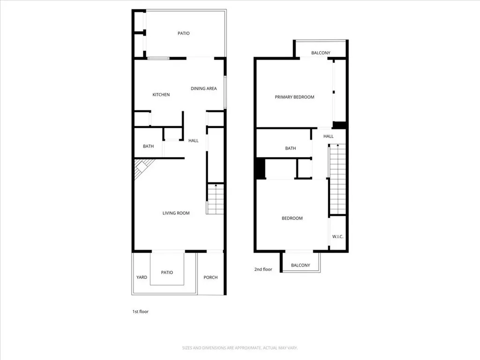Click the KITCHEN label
pyautogui.click(x=161, y=95)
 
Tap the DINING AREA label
pyautogui.click(x=203, y=88)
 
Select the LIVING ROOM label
pyautogui.click(x=176, y=213)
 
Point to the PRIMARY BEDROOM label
pyautogui.click(x=294, y=97)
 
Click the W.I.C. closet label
pyautogui.click(x=337, y=237)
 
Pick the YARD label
pyautogui.click(x=142, y=277)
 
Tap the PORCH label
pyautogui.click(x=210, y=277)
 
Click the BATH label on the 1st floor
pyautogui.click(x=148, y=146)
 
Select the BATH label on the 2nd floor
pyautogui.click(x=291, y=148)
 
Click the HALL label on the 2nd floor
pyautogui.click(x=329, y=136)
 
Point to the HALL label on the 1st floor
pyautogui.click(x=193, y=140)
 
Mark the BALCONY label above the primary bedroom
pyautogui.click(x=321, y=53)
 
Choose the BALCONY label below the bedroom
pyautogui.click(x=300, y=265)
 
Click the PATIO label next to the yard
pyautogui.click(x=167, y=272)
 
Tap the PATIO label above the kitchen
pyautogui.click(x=183, y=33)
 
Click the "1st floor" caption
pyautogui.click(x=140, y=311)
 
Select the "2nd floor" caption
pyautogui.click(x=263, y=270)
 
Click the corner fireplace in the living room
pyautogui.click(x=141, y=169)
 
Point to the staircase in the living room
pyautogui.click(x=215, y=199)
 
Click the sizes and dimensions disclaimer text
pyautogui.click(x=240, y=348)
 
